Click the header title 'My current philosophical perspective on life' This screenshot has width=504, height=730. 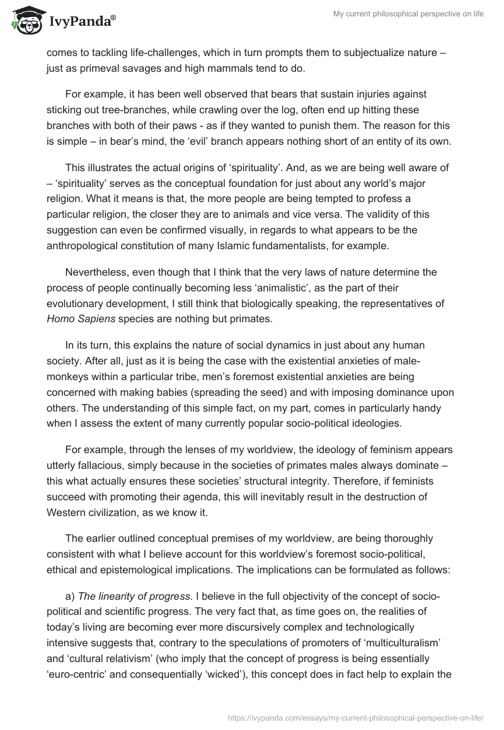pyautogui.click(x=408, y=14)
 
